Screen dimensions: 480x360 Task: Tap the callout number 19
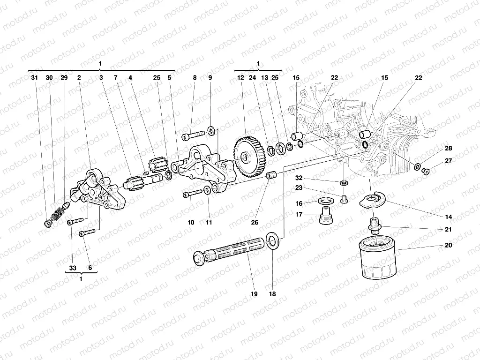(x=254, y=294)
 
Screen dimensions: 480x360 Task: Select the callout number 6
(x=90, y=268)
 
